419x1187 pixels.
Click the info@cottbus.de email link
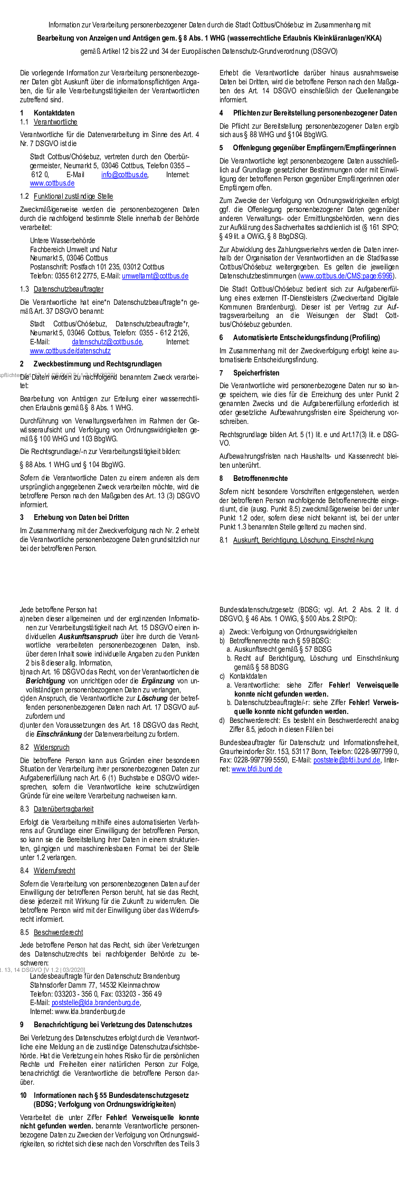(124, 175)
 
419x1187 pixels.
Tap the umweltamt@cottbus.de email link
(155, 276)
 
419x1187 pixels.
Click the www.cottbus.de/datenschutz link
(70, 351)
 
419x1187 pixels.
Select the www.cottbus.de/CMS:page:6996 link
(347, 276)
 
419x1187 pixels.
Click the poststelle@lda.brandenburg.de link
(96, 1002)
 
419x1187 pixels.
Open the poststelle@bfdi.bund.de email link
(347, 760)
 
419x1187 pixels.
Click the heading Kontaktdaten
(54, 113)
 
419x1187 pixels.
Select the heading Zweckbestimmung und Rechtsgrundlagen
(98, 364)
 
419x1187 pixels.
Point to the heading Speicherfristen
(256, 373)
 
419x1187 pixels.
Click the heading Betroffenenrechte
(260, 478)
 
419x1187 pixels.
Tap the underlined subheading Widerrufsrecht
(54, 871)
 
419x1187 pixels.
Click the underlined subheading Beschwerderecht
(58, 932)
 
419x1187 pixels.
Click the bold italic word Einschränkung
(58, 734)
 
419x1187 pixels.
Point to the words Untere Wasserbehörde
(62, 240)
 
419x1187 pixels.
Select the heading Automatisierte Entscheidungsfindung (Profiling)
(306, 337)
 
